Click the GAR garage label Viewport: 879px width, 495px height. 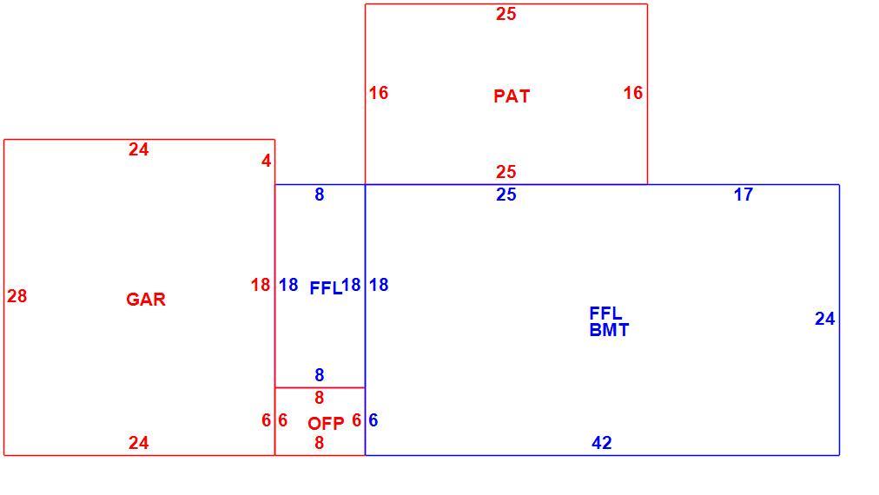point(146,300)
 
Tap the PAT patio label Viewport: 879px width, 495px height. point(512,96)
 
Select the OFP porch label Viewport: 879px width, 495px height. point(326,423)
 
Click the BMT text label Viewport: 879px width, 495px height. point(609,330)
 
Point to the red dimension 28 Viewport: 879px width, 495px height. point(17,296)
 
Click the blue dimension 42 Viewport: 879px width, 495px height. point(602,443)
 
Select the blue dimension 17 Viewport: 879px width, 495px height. point(744,195)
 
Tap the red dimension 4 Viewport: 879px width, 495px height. point(267,161)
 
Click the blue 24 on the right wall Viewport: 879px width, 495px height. point(824,319)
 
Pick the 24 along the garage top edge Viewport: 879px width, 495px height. point(138,149)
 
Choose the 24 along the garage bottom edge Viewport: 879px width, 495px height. point(138,443)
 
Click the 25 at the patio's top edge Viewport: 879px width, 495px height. point(506,14)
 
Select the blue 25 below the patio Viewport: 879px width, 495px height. point(506,195)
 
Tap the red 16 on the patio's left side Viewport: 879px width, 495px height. point(379,93)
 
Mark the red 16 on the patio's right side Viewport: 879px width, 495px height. point(633,93)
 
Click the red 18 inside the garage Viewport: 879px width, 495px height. point(260,285)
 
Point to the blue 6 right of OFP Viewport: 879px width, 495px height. point(373,419)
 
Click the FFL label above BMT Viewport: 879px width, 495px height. point(605,313)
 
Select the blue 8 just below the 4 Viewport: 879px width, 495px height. point(319,195)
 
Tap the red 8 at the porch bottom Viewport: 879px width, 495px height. point(319,443)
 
